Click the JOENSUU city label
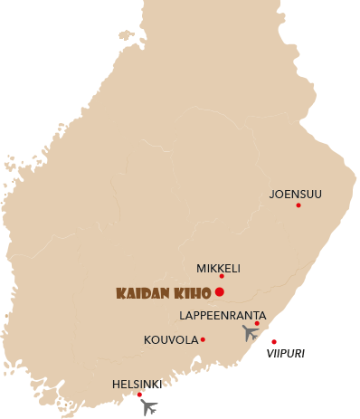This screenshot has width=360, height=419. tap(295, 194)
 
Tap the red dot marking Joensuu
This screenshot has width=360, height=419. tap(298, 205)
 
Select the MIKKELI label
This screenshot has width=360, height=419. tap(218, 268)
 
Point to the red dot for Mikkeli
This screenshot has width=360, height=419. tap(222, 277)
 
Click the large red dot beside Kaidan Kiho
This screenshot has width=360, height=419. tap(220, 291)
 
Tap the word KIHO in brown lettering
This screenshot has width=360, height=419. tap(193, 293)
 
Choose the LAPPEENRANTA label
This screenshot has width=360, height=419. tap(223, 315)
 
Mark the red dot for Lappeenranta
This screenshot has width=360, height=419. tap(257, 323)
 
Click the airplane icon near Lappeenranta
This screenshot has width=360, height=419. tap(251, 333)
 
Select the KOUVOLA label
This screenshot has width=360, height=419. tap(170, 340)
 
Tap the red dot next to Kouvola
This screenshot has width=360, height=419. tap(203, 340)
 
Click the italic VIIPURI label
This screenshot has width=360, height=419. tap(285, 354)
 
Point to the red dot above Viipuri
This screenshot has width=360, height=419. tap(274, 342)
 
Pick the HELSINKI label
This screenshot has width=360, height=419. tap(137, 384)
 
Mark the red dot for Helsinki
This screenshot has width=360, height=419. tap(139, 395)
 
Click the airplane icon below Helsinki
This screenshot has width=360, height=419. tap(149, 407)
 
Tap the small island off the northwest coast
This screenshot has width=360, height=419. tap(126, 36)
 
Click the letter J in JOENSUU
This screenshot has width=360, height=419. tap(272, 194)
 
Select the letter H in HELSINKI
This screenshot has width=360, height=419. tap(116, 384)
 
